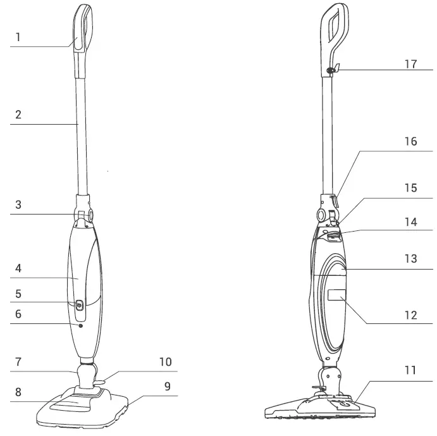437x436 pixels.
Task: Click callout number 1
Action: point(18,37)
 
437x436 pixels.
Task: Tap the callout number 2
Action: point(18,115)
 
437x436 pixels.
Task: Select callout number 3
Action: point(18,205)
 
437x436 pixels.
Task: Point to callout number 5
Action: point(18,294)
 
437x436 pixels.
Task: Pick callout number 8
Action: point(18,391)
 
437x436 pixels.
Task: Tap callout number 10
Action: point(165,362)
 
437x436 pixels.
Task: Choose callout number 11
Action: point(411,370)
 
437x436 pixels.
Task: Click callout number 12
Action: point(411,315)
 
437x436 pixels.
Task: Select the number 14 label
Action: point(411,222)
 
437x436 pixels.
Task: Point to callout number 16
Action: point(411,142)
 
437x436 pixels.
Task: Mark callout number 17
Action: point(411,65)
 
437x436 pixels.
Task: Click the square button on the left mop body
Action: point(79,305)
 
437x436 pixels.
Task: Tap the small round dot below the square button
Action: point(82,325)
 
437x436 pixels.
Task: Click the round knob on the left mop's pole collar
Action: point(90,215)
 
